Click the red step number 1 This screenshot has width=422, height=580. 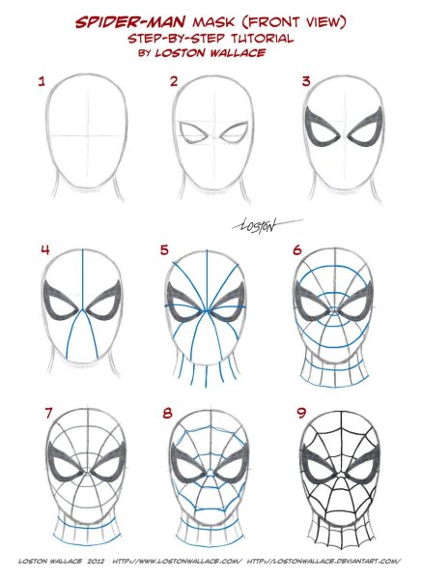pyautogui.click(x=42, y=81)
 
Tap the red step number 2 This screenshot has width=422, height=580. pyautogui.click(x=174, y=81)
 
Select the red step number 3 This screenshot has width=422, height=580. pyautogui.click(x=306, y=81)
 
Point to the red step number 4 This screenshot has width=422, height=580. pyautogui.click(x=45, y=250)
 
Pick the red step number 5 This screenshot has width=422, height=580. pyautogui.click(x=164, y=250)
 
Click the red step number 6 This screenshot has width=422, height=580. pyautogui.click(x=297, y=250)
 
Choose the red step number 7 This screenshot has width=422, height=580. pyautogui.click(x=49, y=413)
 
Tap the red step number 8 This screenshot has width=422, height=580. pyautogui.click(x=168, y=413)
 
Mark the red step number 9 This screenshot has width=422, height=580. pyautogui.click(x=302, y=413)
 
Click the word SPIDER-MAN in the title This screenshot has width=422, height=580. pyautogui.click(x=130, y=22)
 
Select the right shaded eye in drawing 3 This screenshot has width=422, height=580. pyautogui.click(x=365, y=127)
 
